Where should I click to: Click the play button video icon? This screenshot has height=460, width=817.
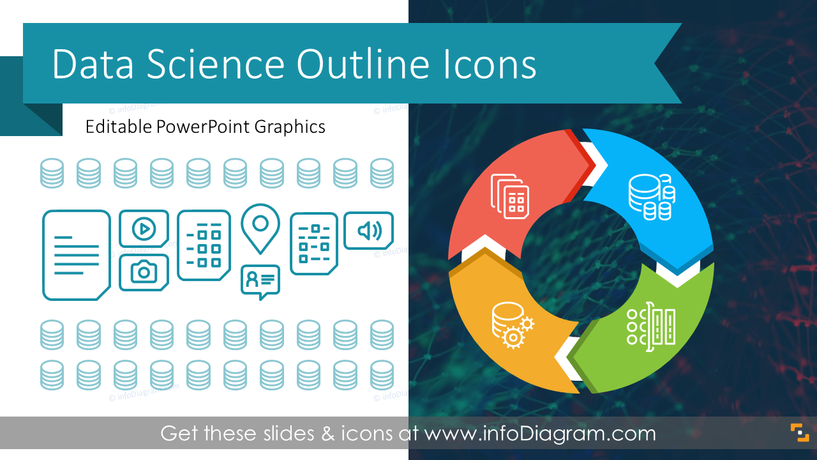click(144, 228)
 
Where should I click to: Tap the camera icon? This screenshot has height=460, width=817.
click(144, 272)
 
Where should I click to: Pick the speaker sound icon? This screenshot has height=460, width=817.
click(368, 230)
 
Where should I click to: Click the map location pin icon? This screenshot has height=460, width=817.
click(260, 227)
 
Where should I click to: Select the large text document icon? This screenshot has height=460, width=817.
click(76, 255)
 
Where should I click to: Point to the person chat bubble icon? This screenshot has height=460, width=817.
click(260, 280)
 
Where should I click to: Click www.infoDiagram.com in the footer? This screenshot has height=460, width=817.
click(540, 434)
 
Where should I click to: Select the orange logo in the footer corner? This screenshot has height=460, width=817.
click(799, 433)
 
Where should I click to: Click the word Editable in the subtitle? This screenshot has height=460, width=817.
click(119, 126)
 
